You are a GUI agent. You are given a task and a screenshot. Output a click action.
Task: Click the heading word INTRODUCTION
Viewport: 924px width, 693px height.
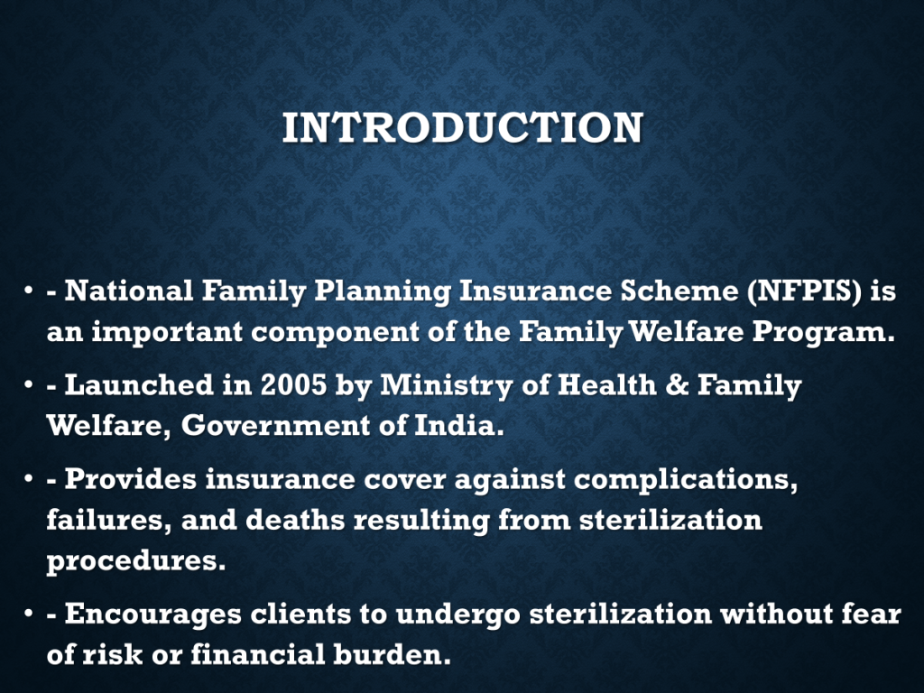tap(463, 127)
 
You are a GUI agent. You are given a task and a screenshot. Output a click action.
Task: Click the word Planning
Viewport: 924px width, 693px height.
tap(383, 292)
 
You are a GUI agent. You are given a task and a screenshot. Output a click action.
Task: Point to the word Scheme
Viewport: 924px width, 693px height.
tap(679, 291)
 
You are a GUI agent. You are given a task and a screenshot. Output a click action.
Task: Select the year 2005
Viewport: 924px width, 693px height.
tap(293, 385)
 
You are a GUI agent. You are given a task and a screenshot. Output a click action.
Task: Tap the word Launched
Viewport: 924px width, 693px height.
tap(138, 385)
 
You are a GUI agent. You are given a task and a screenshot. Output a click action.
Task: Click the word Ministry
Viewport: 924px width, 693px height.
tap(446, 386)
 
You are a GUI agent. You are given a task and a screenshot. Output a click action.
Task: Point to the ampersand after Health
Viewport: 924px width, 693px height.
tap(677, 385)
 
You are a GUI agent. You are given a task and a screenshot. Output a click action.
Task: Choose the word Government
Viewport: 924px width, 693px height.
tap(275, 426)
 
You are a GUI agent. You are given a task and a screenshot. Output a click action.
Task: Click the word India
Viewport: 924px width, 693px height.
tap(459, 426)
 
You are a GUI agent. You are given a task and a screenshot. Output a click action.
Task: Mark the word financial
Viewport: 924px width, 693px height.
tap(257, 655)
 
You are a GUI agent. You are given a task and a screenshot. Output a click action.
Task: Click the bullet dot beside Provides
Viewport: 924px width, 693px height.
tap(28, 479)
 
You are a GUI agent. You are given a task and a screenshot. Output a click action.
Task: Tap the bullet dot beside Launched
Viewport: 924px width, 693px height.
tap(28, 385)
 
